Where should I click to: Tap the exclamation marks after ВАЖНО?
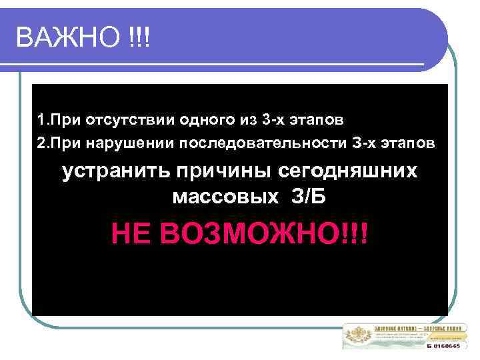point(141,37)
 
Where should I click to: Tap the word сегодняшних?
point(347,171)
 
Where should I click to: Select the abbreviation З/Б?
point(311,197)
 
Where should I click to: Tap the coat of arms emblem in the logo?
point(357,336)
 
